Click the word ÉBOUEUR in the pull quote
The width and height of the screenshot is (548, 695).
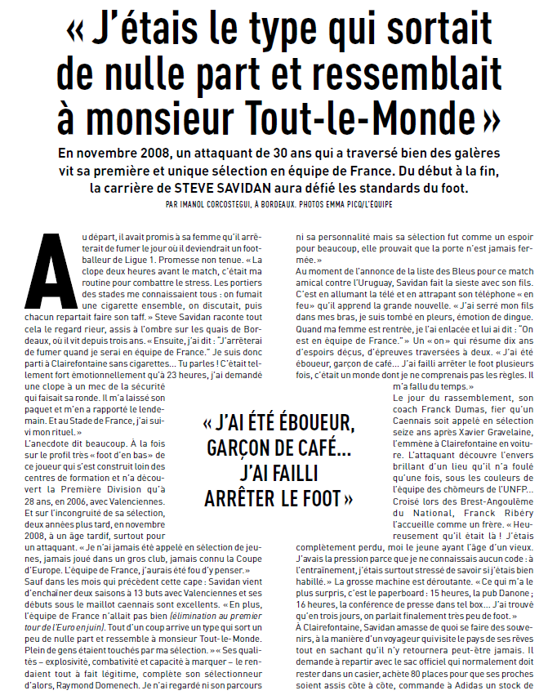coord(315,424)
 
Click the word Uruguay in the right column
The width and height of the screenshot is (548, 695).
coord(394,281)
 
